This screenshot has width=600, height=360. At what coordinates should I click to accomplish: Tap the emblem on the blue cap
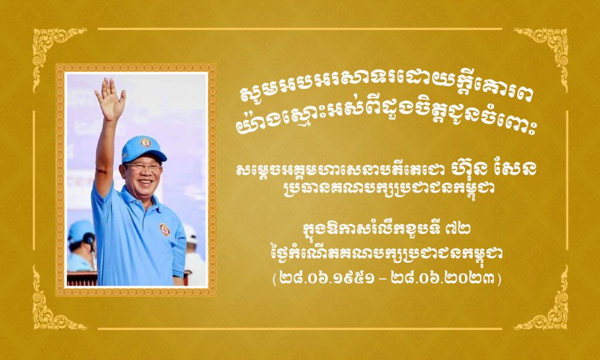click(x=146, y=142)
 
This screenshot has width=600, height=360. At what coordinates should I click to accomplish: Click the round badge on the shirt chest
click(x=165, y=229)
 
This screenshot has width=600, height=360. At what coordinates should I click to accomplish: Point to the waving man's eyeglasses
click(x=142, y=167)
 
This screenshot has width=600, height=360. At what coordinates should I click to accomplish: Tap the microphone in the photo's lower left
click(x=89, y=240)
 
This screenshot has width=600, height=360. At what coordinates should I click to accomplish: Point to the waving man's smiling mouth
click(x=146, y=183)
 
